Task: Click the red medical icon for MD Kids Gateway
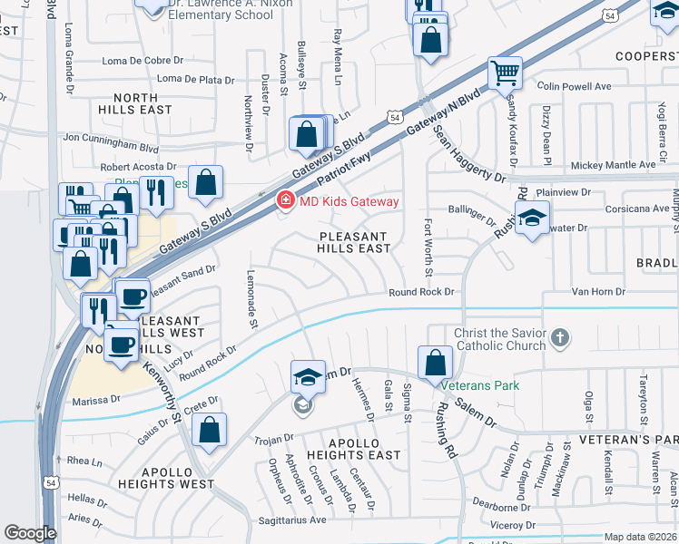[285, 200]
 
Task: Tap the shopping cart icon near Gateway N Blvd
[504, 73]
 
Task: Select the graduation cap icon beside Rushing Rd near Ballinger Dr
[531, 218]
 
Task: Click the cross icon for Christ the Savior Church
[560, 338]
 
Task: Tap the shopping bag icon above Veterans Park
[436, 363]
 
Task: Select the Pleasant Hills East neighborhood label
[354, 242]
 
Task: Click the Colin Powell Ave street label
[574, 86]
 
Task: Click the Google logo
[30, 533]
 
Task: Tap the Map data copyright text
[640, 537]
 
